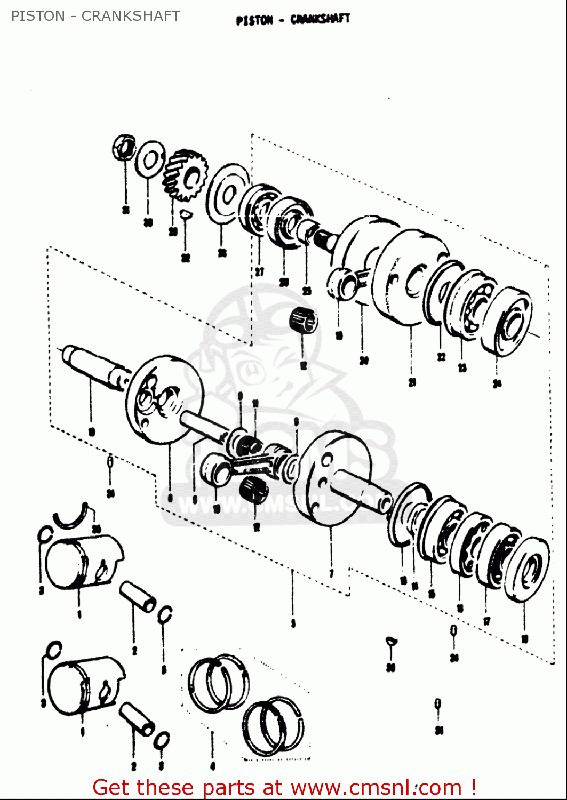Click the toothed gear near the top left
point(184,175)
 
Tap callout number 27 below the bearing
point(259,272)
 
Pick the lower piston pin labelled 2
point(137,719)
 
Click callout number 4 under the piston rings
point(212,766)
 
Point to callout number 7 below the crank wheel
point(331,574)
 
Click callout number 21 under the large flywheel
point(412,382)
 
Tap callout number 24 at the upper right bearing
point(497,383)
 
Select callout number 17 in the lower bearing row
point(486,621)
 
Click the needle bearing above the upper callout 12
point(303,321)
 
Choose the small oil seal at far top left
point(124,147)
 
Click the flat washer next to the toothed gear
point(149,158)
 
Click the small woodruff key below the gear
point(185,215)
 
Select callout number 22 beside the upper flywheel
point(441,357)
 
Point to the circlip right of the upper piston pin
point(166,614)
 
